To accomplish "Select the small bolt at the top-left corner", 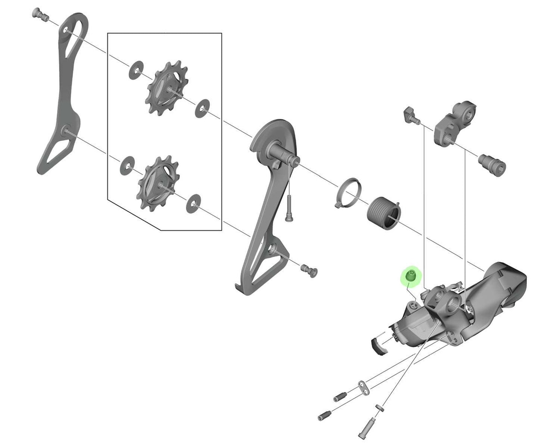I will coord(40,14).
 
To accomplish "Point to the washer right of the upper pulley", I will coord(202,108).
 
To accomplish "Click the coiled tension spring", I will coord(384,212).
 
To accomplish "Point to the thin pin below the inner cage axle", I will coord(288,208).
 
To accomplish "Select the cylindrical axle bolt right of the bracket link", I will coord(493,163).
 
